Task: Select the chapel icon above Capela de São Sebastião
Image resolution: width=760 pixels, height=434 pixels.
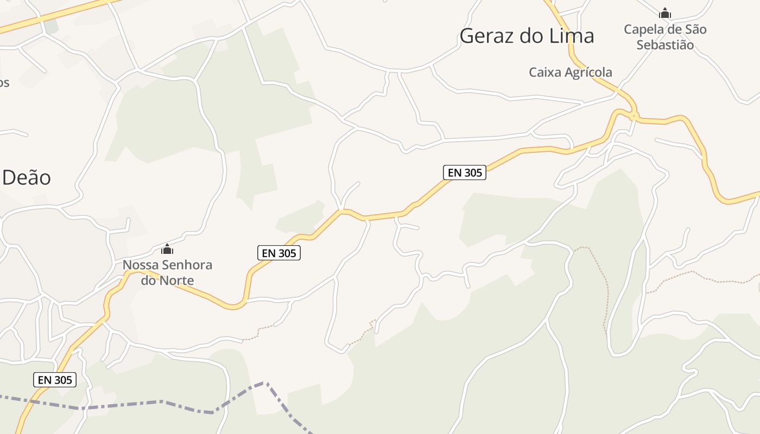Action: pyautogui.click(x=664, y=13)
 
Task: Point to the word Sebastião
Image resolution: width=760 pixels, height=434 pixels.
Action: pyautogui.click(x=665, y=45)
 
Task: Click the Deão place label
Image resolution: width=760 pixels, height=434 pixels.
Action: pyautogui.click(x=27, y=177)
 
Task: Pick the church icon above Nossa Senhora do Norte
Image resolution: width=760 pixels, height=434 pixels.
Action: pyautogui.click(x=167, y=250)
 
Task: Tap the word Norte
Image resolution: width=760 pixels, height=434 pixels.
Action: pyautogui.click(x=175, y=280)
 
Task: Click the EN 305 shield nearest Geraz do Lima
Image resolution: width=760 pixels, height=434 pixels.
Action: pyautogui.click(x=465, y=173)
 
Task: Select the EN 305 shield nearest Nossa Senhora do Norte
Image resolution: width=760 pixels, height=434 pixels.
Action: pyautogui.click(x=278, y=253)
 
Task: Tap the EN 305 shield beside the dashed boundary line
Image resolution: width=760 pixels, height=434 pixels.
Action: pyautogui.click(x=55, y=380)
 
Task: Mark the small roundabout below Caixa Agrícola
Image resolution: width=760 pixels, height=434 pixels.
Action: pyautogui.click(x=634, y=115)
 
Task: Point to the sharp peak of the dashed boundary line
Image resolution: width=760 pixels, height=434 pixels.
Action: pyautogui.click(x=264, y=383)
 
